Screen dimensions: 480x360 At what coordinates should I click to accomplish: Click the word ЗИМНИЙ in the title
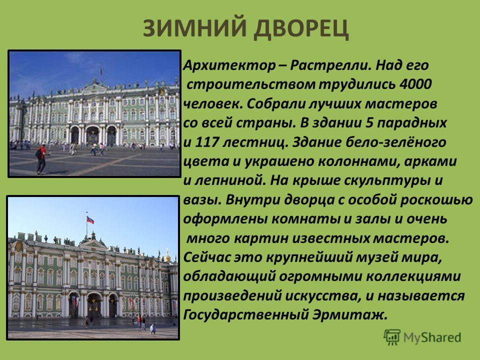pyautogui.click(x=194, y=28)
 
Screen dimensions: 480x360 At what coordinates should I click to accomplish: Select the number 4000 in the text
pyautogui.click(x=415, y=84)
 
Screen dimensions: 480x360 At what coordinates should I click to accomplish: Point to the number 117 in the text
pyautogui.click(x=206, y=142)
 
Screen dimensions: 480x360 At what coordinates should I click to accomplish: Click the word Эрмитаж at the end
pyautogui.click(x=350, y=314)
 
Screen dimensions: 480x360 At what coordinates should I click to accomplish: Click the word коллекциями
pyautogui.click(x=413, y=276)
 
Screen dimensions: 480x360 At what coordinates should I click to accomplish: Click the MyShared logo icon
pyautogui.click(x=392, y=337)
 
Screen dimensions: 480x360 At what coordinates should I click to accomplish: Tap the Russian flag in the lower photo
pyautogui.click(x=90, y=219)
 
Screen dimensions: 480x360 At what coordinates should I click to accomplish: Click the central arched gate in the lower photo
pyautogui.click(x=94, y=305)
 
